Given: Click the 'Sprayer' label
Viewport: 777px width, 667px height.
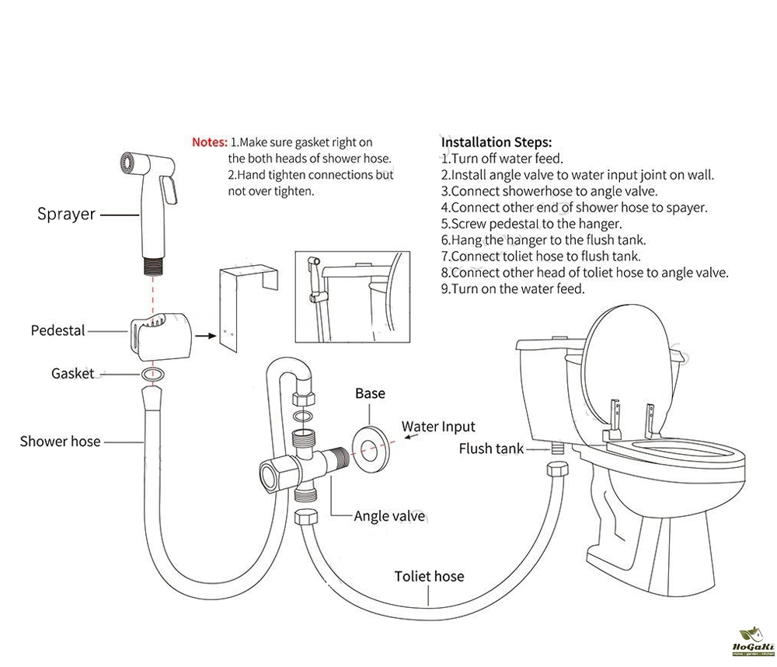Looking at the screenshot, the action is (66, 215).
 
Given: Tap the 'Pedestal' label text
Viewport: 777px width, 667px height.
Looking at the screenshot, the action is (58, 330).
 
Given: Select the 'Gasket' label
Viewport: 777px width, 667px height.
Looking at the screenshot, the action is (72, 373).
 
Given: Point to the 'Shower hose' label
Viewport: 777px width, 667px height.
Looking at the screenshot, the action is (60, 442).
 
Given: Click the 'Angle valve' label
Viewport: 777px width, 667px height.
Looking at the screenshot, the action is (389, 516).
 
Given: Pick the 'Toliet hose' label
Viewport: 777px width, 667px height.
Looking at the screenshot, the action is (429, 576).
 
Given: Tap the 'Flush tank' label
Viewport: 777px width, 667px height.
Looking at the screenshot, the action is (491, 449).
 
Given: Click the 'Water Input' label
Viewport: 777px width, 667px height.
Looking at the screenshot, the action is (438, 427).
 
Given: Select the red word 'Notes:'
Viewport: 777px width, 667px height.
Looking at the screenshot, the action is (210, 142).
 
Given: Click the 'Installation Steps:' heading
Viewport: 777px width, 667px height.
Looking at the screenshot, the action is (496, 142).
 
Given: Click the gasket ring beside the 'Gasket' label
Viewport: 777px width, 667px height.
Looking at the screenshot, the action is (152, 374).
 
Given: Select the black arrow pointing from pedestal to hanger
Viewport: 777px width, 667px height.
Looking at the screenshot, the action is (206, 336).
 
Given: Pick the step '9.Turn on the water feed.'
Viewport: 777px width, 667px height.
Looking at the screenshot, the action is (513, 288).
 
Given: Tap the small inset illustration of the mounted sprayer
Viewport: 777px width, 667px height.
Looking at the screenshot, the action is (352, 296).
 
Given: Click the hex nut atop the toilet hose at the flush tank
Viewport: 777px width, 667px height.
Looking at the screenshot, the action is (557, 469).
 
